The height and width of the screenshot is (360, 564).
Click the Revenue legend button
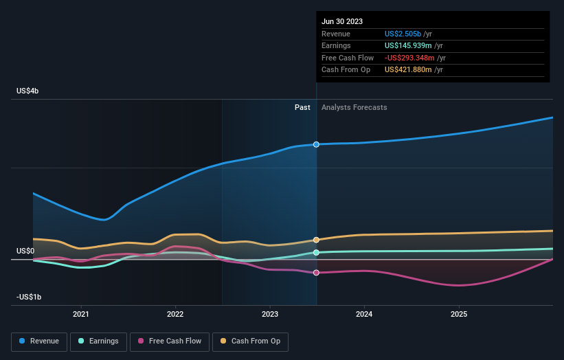(39, 341)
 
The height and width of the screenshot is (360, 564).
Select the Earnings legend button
(98, 341)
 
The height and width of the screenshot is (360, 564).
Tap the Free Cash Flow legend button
(170, 341)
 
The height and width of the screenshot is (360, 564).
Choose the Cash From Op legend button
(251, 341)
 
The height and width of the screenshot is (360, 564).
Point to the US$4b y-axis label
(28, 91)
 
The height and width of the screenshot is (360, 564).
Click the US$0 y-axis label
(26, 251)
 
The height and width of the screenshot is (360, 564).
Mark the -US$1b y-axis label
(28, 297)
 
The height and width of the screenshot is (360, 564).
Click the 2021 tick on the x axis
(81, 315)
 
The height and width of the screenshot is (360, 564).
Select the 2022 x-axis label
(175, 315)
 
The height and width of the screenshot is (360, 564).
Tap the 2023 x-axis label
(270, 315)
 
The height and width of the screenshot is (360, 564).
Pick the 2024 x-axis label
(364, 315)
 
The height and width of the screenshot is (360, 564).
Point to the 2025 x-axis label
(458, 315)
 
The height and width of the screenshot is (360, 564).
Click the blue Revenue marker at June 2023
(316, 144)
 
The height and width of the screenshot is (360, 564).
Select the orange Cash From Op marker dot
(316, 240)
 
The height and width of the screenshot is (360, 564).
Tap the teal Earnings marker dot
(316, 253)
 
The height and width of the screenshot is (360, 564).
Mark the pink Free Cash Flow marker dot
(316, 273)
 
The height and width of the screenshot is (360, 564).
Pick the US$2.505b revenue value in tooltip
(406, 34)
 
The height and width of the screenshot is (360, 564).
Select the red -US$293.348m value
(411, 58)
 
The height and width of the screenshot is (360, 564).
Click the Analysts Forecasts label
(354, 107)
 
